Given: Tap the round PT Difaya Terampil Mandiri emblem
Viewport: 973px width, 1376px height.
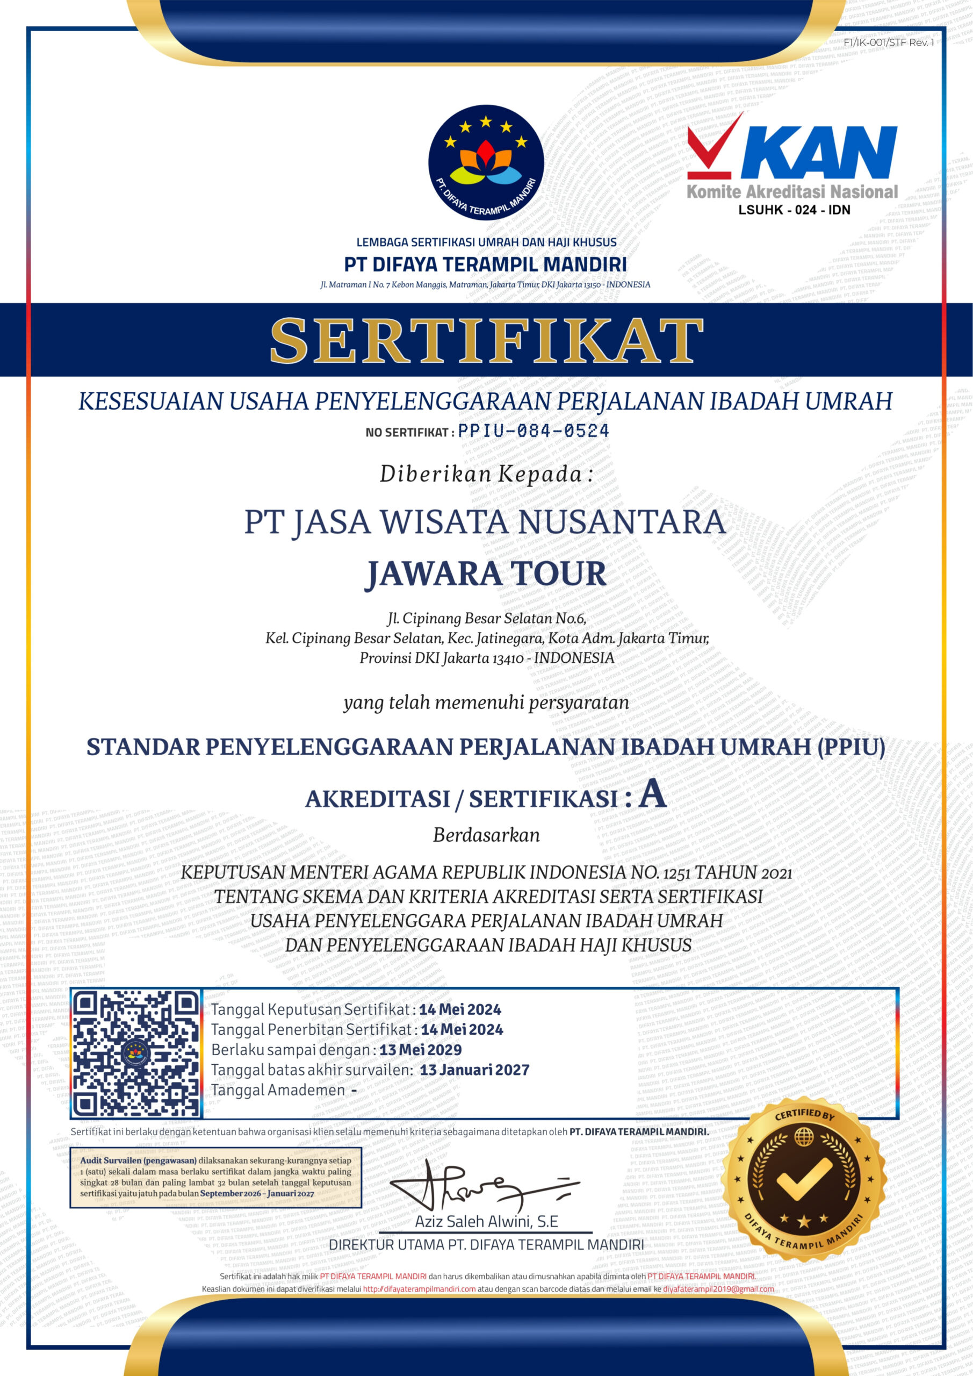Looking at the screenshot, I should point(485,162).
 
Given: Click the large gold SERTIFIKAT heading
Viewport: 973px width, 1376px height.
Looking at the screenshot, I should point(486,340).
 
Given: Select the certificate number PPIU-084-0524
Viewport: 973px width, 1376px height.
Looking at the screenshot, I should point(533,431).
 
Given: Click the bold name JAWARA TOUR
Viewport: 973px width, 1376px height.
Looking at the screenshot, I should point(486,574).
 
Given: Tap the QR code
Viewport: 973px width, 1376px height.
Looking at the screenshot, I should point(135,1053).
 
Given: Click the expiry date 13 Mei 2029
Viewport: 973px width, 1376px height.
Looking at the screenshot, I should point(420,1050).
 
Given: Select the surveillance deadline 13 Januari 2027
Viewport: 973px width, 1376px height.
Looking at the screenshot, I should point(474,1070).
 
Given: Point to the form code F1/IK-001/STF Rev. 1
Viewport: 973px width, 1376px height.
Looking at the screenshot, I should point(889,42).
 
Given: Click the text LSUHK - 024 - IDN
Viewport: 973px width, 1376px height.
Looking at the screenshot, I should point(794,210).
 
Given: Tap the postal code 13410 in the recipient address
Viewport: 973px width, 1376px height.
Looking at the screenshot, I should point(508,658).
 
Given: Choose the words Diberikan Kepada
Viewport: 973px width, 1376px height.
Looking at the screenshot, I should point(486,474).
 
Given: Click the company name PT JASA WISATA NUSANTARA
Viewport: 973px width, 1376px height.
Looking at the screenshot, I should point(486,522).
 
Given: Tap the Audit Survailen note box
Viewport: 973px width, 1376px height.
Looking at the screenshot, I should point(215,1178).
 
